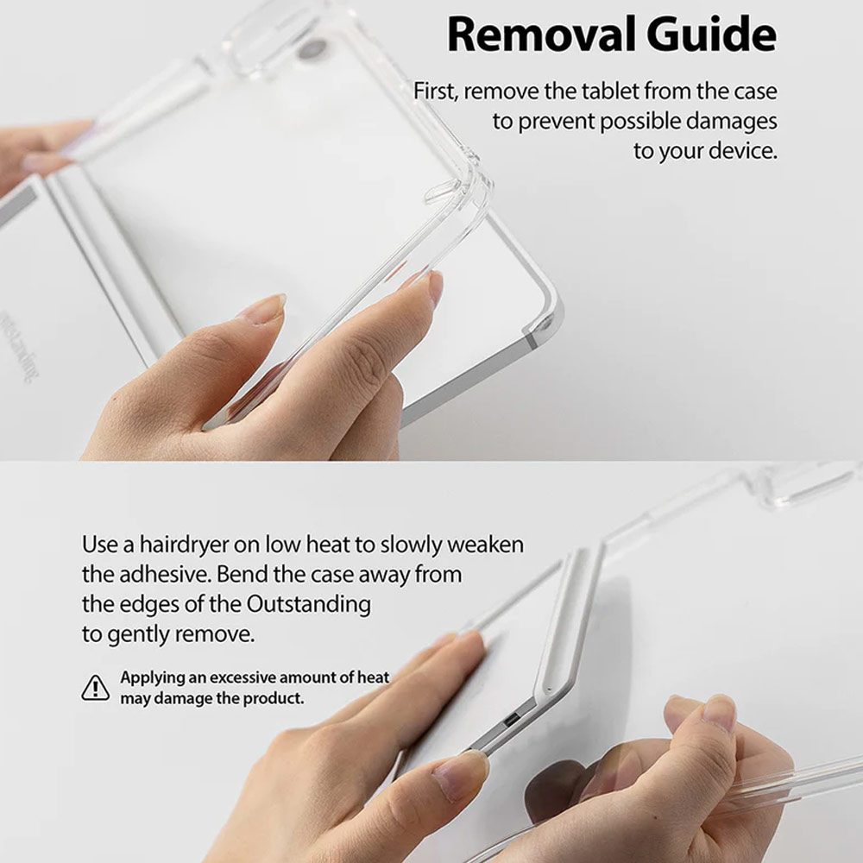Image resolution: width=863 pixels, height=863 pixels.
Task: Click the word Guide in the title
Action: click(x=711, y=35)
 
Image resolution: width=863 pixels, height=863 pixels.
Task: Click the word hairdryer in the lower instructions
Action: click(x=184, y=545)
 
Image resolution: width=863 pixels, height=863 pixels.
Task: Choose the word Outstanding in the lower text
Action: click(x=308, y=604)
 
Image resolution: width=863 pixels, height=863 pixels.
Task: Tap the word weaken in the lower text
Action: click(x=485, y=545)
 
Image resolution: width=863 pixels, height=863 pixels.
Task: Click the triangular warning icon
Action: click(x=95, y=688)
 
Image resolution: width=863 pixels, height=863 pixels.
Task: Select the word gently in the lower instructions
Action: click(x=140, y=634)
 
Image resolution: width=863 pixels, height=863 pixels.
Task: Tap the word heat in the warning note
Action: click(x=373, y=677)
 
